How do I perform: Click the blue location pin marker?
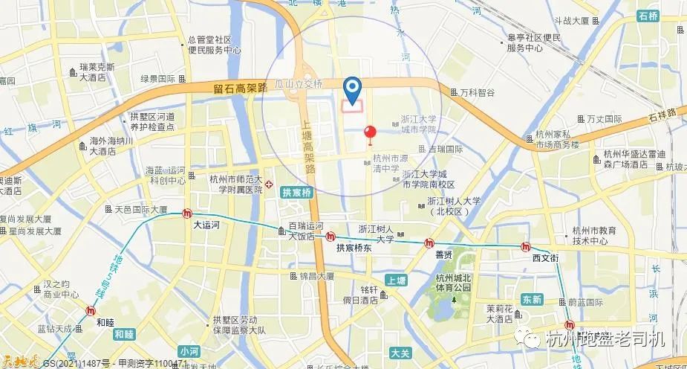(354, 89)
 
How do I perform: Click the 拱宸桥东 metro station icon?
(330, 237)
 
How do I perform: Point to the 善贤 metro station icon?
(429, 243)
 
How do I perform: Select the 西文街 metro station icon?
(527, 247)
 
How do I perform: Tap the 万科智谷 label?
(476, 93)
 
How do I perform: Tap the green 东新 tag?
(533, 299)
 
